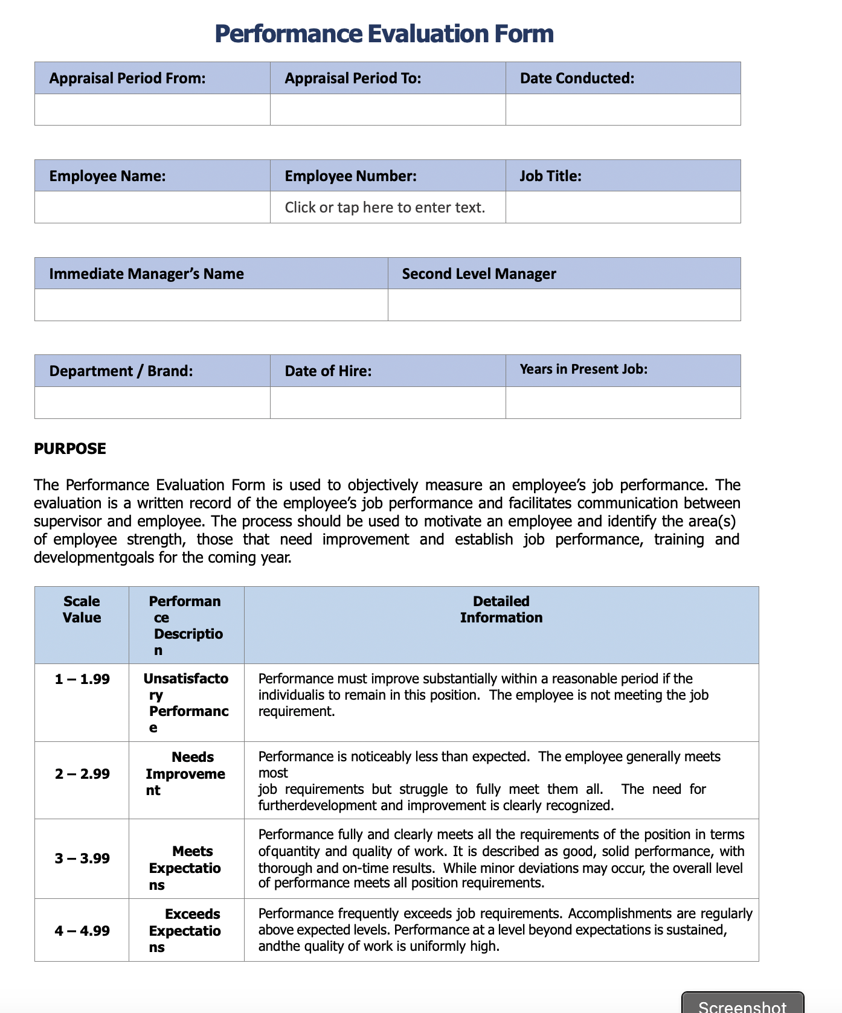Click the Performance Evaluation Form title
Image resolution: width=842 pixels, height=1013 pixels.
(x=384, y=34)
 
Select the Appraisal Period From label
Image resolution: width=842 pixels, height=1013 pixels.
(x=127, y=78)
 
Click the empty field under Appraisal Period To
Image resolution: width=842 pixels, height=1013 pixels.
(x=387, y=110)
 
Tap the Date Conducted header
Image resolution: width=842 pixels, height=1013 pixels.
(x=577, y=78)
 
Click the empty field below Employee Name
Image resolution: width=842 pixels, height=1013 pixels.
(x=152, y=208)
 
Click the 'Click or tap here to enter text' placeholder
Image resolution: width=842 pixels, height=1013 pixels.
(x=385, y=208)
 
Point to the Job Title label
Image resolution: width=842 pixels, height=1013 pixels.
(x=550, y=176)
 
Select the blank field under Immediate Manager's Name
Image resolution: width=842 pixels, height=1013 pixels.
(x=211, y=305)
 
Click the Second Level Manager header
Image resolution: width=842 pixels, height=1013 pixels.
(x=479, y=274)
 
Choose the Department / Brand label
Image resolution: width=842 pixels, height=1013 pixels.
(x=121, y=371)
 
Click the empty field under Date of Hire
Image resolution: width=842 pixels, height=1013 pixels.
(x=387, y=403)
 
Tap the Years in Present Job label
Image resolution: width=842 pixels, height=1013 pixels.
(x=583, y=369)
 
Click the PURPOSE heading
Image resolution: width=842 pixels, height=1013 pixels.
(x=70, y=449)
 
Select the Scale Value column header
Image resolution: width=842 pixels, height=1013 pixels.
(x=82, y=610)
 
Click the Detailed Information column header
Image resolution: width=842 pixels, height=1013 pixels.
(x=501, y=610)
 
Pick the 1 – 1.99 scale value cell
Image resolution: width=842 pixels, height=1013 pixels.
(x=82, y=680)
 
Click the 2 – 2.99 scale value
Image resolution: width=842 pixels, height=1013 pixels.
(x=82, y=774)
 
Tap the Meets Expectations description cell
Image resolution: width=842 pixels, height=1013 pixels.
(x=186, y=868)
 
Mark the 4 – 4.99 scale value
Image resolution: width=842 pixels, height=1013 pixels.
(x=82, y=931)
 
